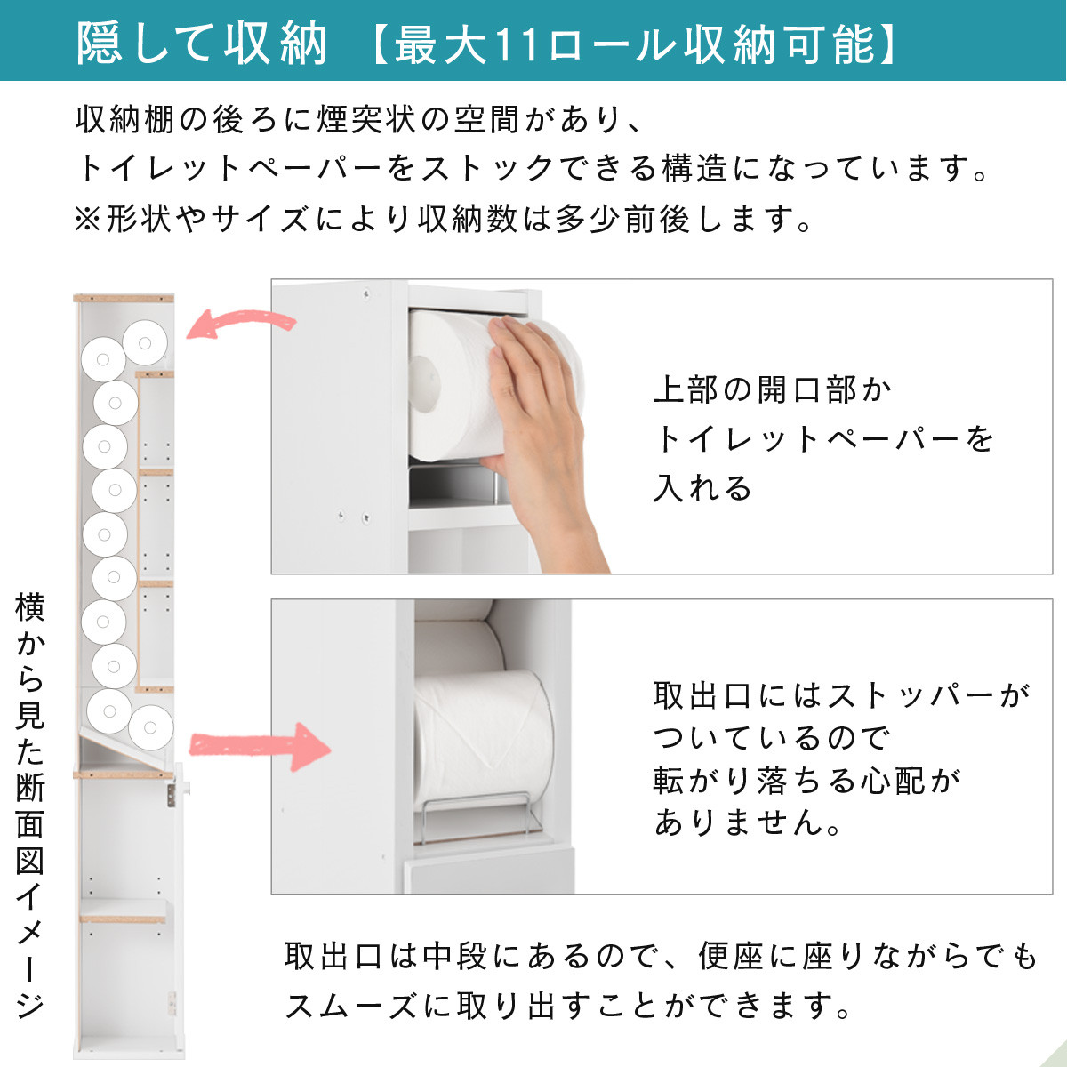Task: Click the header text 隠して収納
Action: tap(202, 42)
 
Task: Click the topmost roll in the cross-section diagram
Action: tap(145, 341)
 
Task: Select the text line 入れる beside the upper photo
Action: tap(702, 488)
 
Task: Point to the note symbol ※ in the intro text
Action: tap(88, 219)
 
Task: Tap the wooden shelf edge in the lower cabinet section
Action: tap(123, 919)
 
